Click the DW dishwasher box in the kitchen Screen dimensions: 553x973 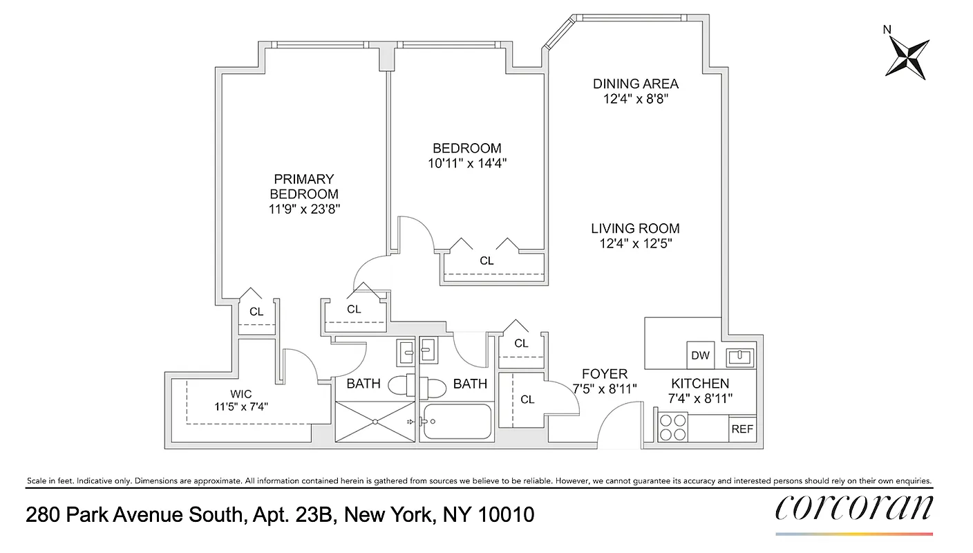[700, 355]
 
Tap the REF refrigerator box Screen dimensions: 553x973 [742, 429]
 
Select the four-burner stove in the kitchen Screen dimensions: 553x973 [673, 427]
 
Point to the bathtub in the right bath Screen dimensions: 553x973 [457, 422]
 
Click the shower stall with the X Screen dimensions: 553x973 [375, 422]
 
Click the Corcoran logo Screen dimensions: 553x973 [853, 508]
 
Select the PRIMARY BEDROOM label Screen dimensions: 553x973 [304, 187]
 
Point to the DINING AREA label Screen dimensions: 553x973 [636, 84]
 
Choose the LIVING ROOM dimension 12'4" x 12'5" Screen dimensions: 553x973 [636, 243]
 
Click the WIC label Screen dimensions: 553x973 [240, 394]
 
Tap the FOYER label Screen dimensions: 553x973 [604, 375]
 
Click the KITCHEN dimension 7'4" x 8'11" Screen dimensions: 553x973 [700, 397]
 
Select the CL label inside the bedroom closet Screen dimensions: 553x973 [486, 261]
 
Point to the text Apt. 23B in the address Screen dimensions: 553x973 [290, 515]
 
